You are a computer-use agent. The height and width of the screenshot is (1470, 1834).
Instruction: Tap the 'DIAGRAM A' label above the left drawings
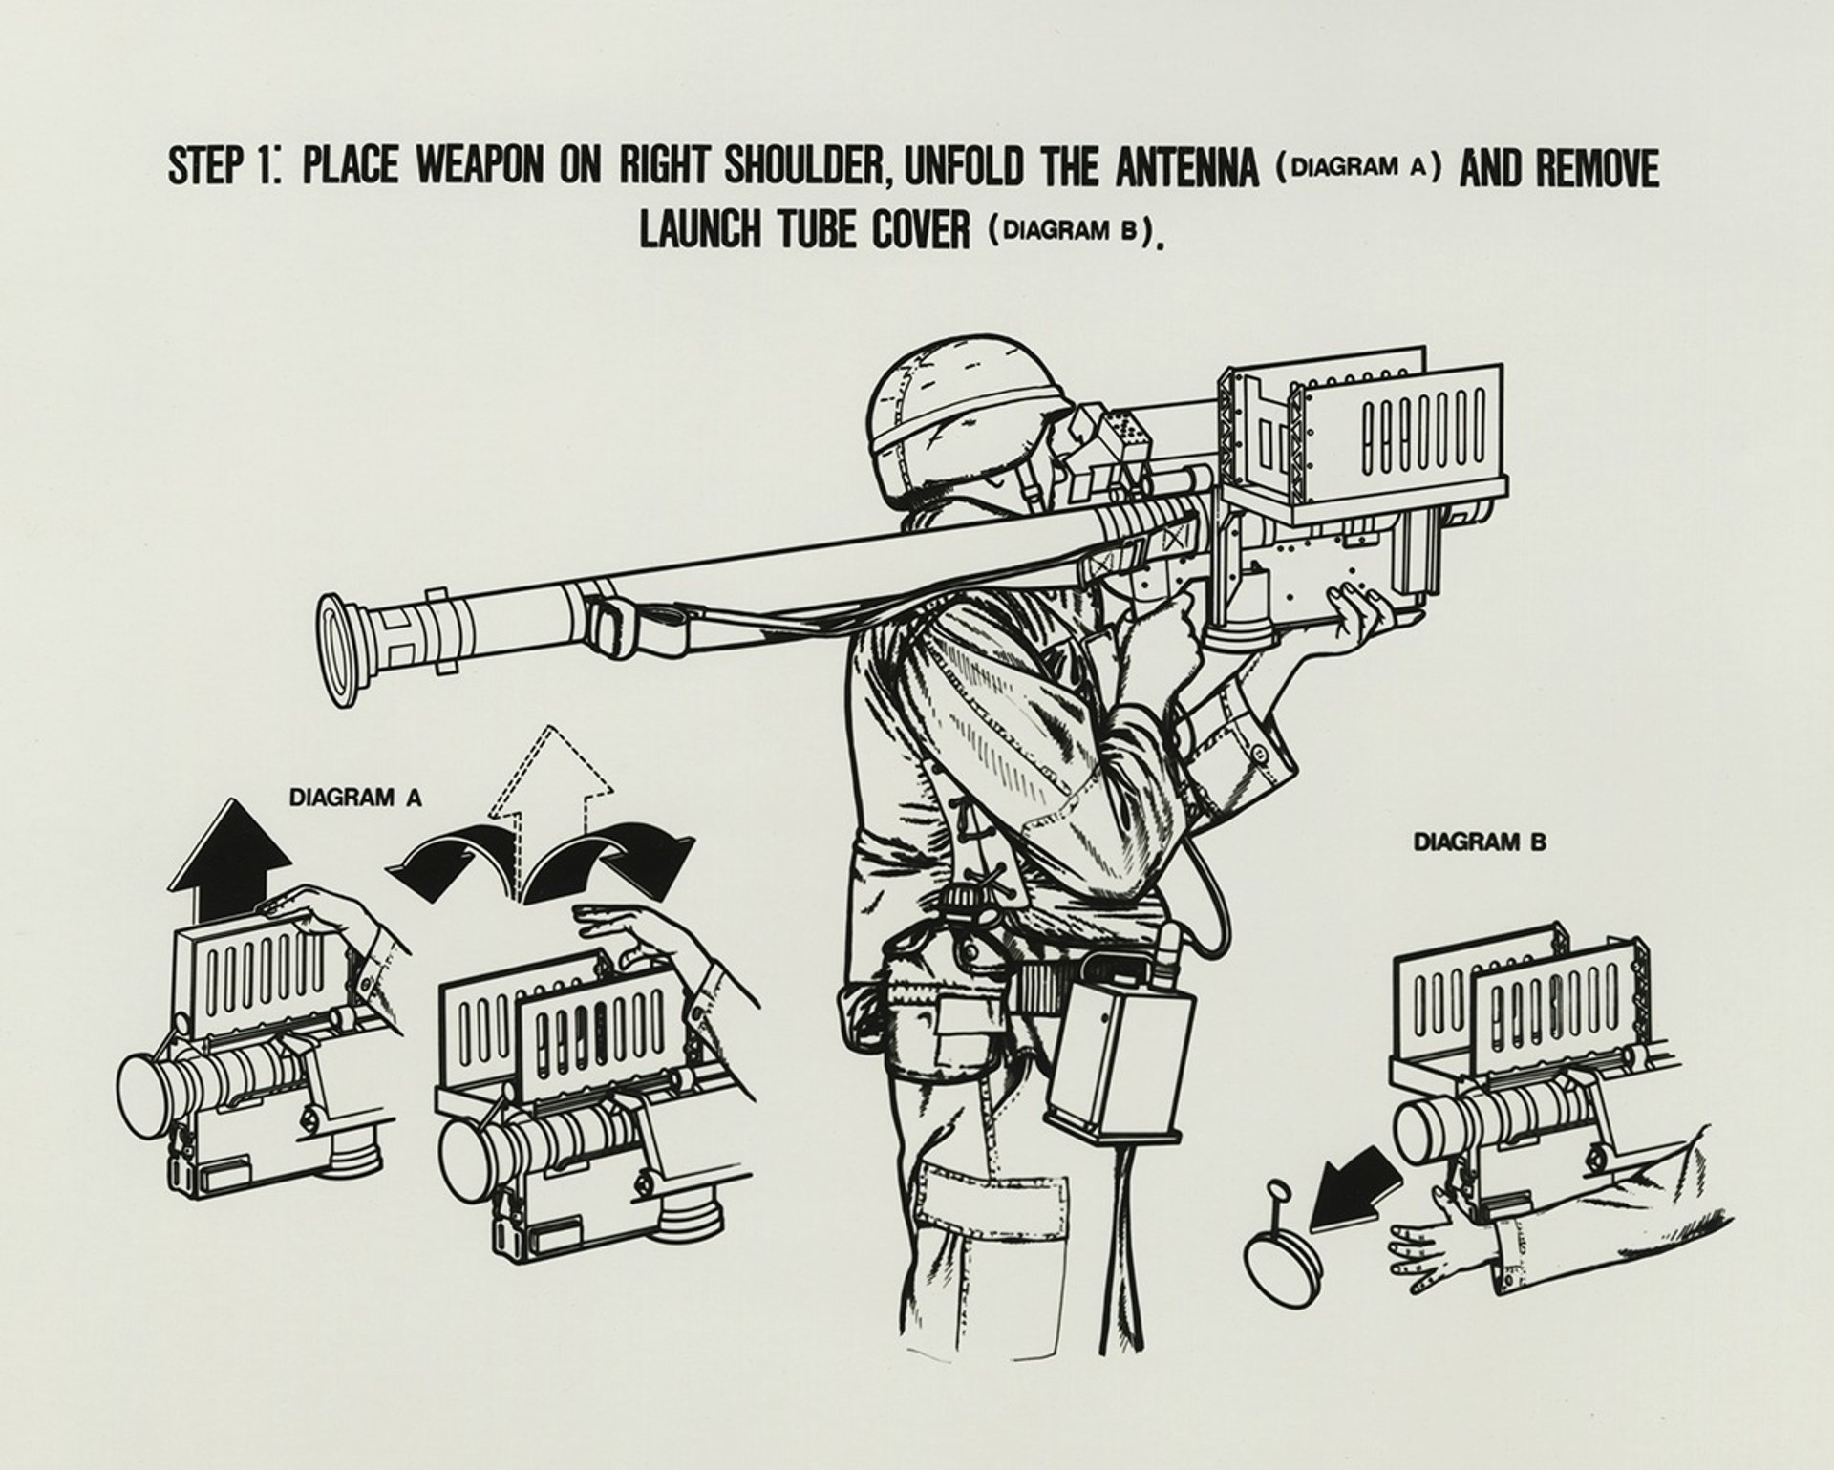point(355,798)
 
